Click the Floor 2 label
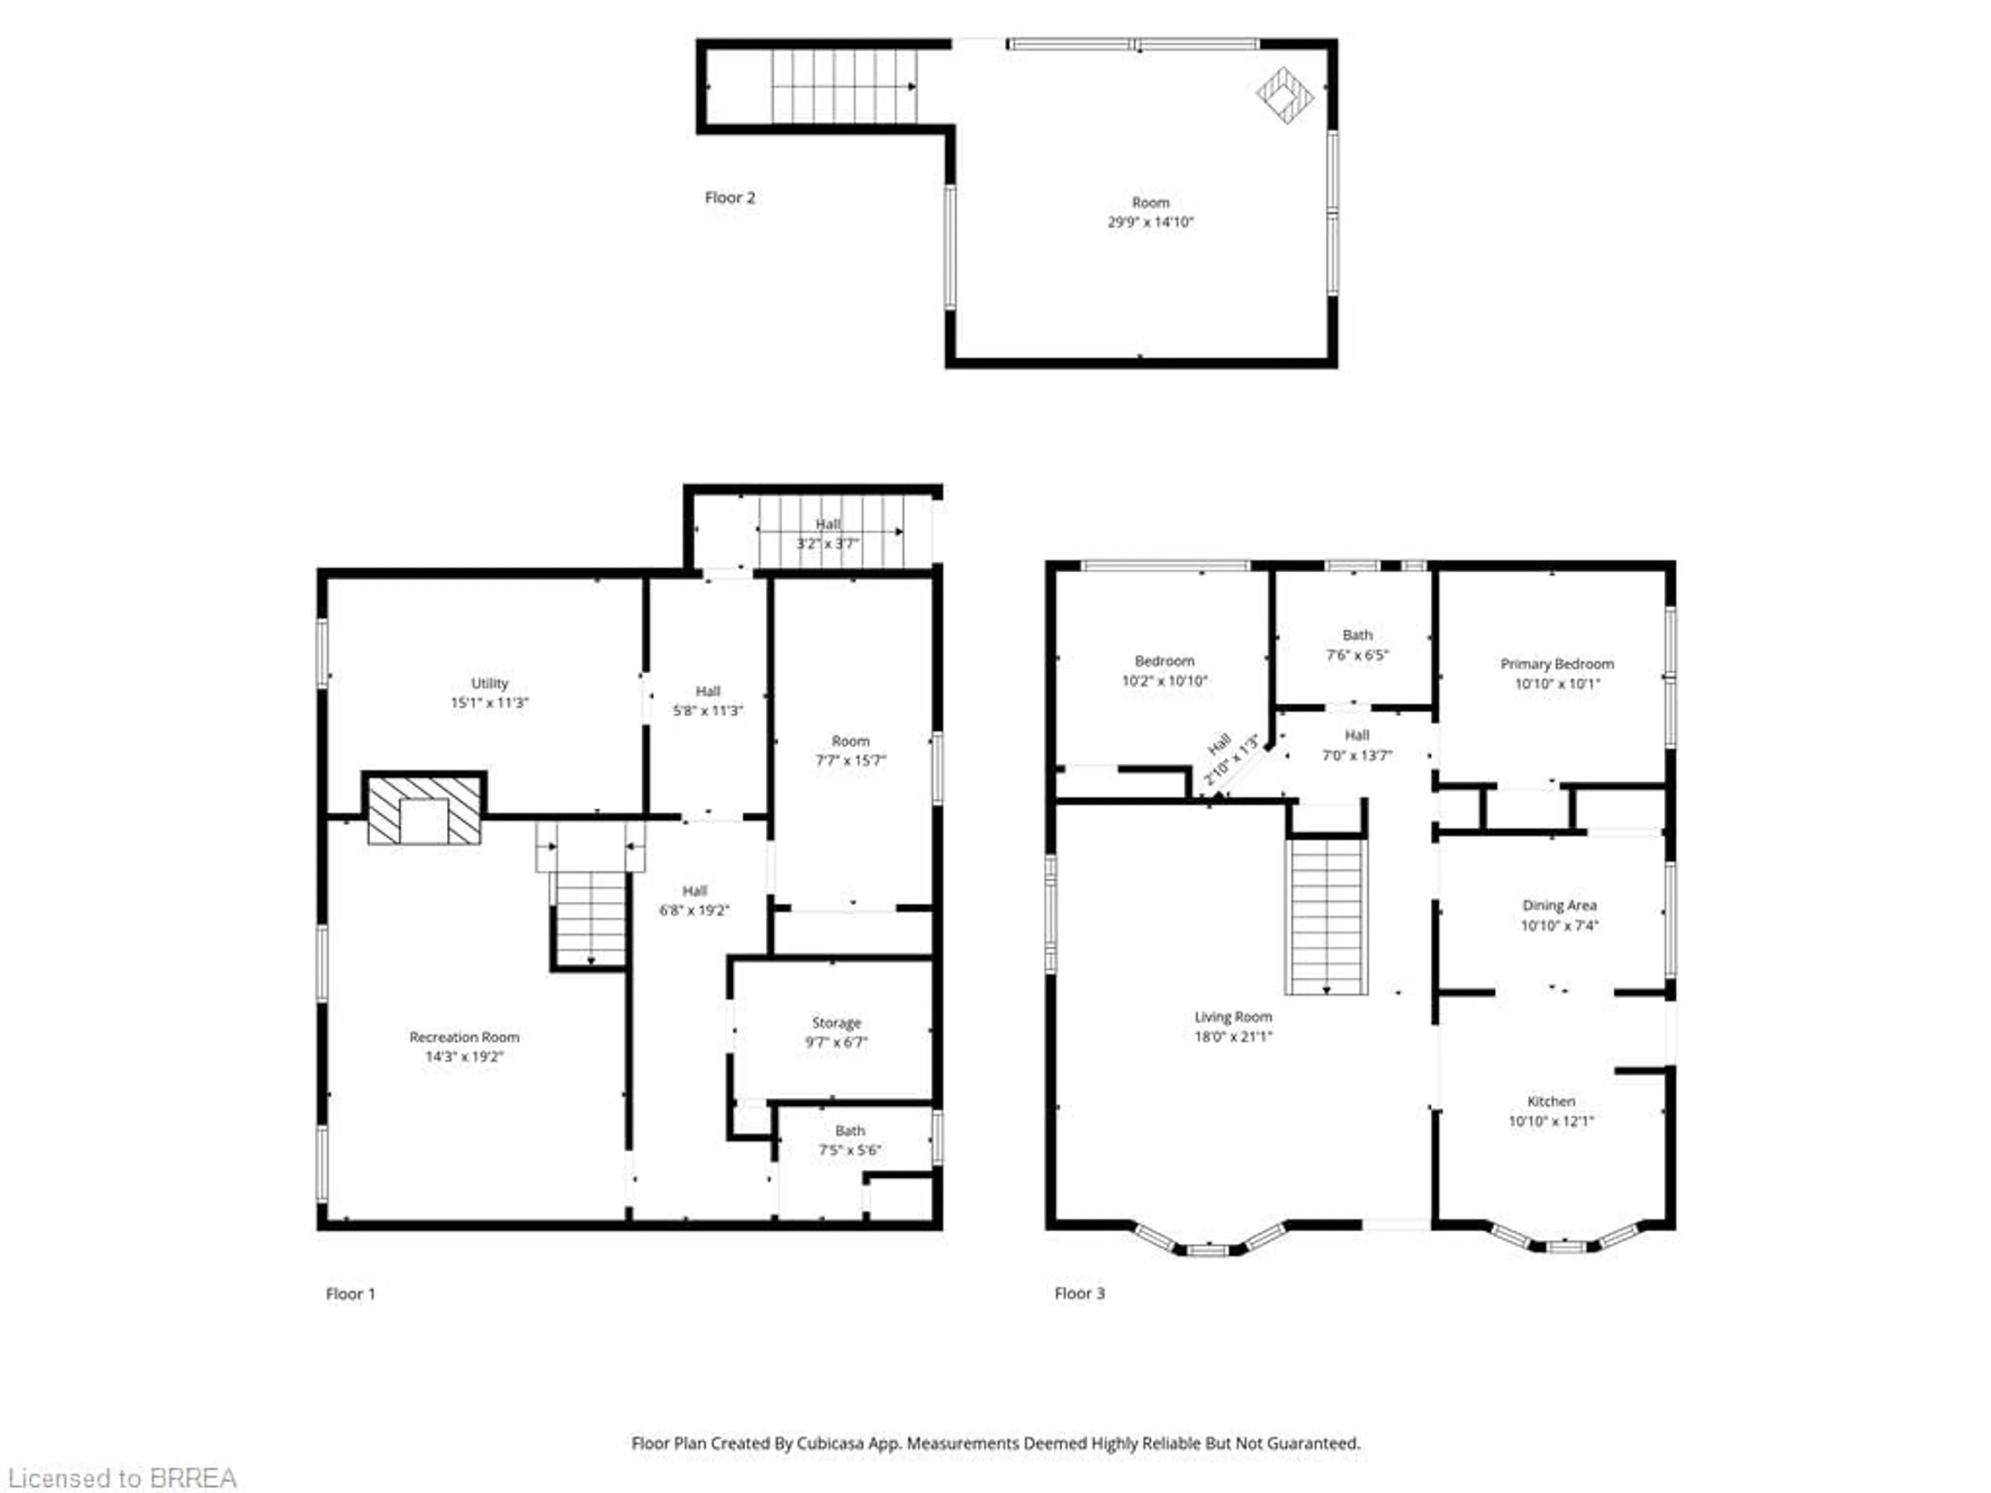[729, 197]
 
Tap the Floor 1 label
[350, 1293]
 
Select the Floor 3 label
[1079, 1293]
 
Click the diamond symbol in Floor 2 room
[1284, 94]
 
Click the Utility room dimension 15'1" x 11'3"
[489, 703]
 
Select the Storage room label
[836, 1022]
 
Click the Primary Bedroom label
[1557, 663]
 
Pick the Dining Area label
[1559, 905]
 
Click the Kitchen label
[1551, 1101]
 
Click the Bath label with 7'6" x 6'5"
[1356, 635]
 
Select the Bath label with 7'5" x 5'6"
[850, 1130]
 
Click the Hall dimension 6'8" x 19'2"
[694, 910]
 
